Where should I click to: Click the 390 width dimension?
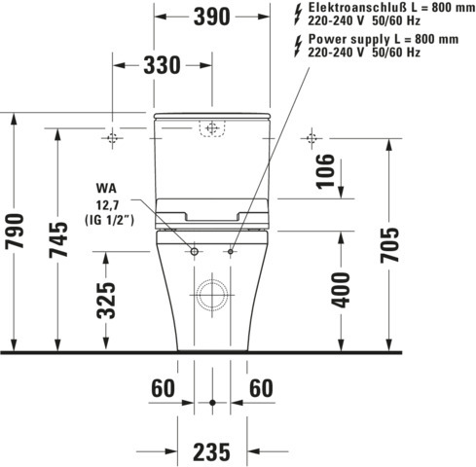pyautogui.click(x=211, y=17)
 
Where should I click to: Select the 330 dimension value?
pyautogui.click(x=162, y=65)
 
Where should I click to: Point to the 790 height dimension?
pyautogui.click(x=15, y=231)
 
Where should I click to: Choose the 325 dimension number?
pyautogui.click(x=106, y=300)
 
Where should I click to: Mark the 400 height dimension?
pyautogui.click(x=341, y=289)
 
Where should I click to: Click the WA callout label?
pyautogui.click(x=105, y=188)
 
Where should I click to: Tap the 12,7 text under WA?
pyautogui.click(x=109, y=204)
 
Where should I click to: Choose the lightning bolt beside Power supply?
pyautogui.click(x=297, y=44)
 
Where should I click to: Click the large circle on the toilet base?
pyautogui.click(x=212, y=294)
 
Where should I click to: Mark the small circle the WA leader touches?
pyautogui.click(x=194, y=252)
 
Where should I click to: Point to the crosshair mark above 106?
pyautogui.click(x=311, y=137)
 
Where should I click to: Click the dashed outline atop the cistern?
pyautogui.click(x=211, y=127)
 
